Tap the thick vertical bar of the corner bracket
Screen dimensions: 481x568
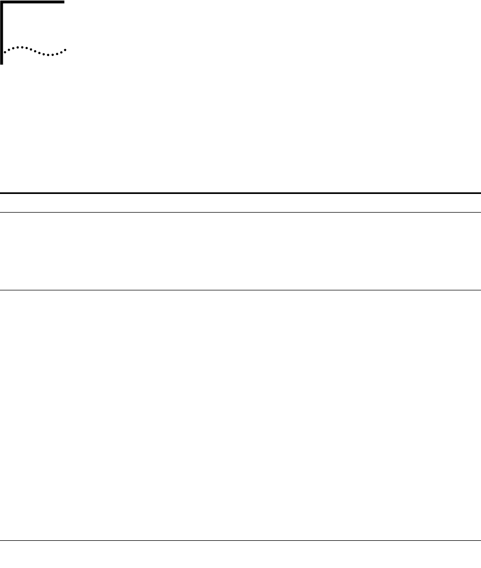click(2, 32)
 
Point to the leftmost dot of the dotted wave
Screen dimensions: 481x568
click(5, 52)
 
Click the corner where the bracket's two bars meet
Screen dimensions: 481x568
click(2, 2)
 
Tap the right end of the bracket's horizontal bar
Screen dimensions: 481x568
click(63, 2)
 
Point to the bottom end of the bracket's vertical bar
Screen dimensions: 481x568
click(2, 63)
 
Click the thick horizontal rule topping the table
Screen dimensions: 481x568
click(240, 193)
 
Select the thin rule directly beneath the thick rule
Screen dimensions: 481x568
click(240, 213)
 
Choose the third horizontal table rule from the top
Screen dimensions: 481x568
click(240, 290)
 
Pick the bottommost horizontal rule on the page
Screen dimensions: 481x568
click(240, 542)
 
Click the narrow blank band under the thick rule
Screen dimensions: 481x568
click(240, 203)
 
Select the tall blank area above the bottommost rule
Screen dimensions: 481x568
click(240, 416)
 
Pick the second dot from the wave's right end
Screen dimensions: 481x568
click(63, 52)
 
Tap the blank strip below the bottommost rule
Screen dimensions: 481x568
click(240, 555)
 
